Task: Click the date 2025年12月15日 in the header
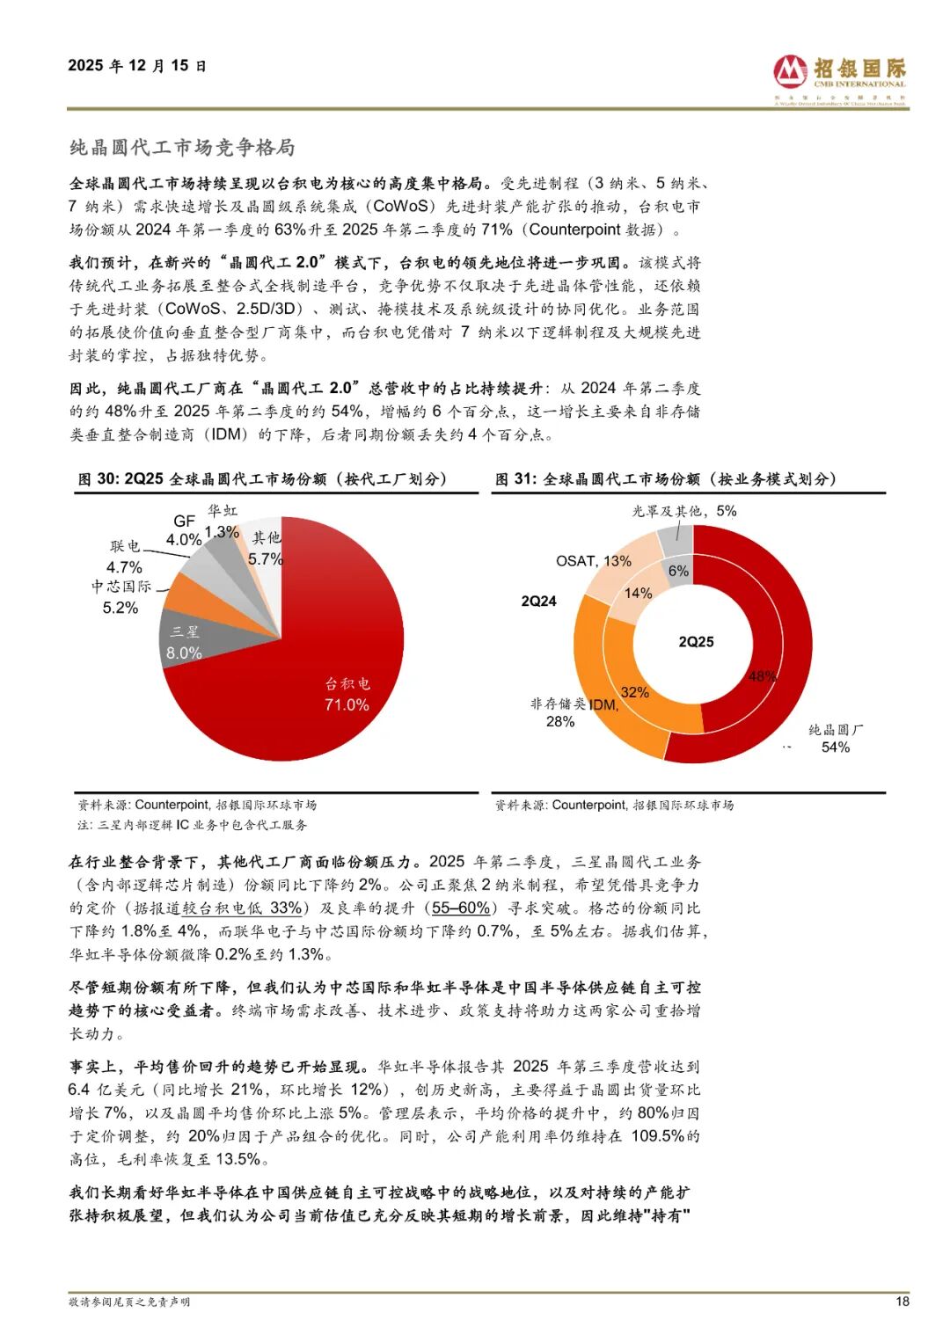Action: click(137, 66)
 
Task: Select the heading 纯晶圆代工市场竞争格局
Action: click(182, 147)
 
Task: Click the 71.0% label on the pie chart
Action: click(347, 705)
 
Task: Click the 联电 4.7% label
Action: click(125, 557)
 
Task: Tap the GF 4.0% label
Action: click(184, 530)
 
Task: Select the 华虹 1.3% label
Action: click(222, 521)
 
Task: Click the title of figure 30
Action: click(262, 479)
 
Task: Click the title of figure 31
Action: click(665, 479)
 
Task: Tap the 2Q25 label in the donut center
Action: click(696, 642)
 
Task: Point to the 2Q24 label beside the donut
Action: click(538, 602)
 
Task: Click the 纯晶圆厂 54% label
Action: click(835, 739)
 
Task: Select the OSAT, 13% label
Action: click(593, 561)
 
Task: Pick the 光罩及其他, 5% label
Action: click(684, 511)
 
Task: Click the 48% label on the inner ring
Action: click(762, 676)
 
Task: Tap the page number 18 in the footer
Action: click(902, 1302)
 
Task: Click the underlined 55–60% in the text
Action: click(461, 908)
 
